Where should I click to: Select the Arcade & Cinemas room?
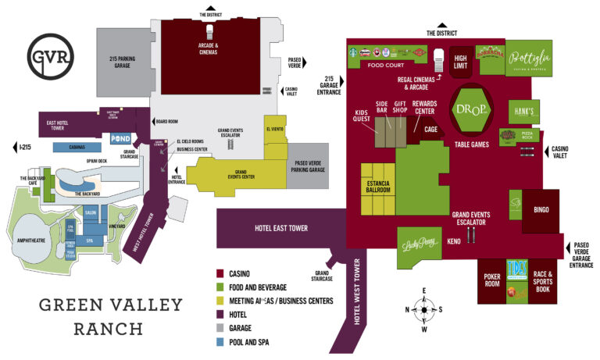pos(207,48)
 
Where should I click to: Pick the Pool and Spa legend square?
pos(221,341)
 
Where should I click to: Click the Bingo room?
pos(541,210)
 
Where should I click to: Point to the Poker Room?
pos(491,280)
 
